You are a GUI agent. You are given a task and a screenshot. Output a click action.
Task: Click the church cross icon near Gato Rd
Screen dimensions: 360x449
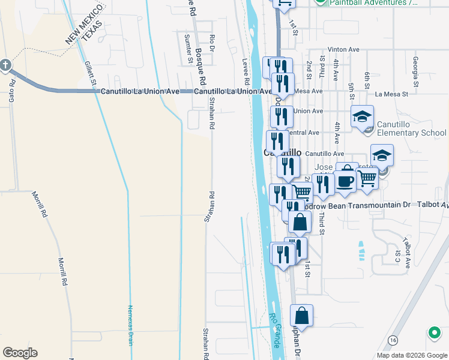[x=5, y=65]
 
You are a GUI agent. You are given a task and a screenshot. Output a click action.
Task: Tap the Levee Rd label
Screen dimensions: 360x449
[x=246, y=70]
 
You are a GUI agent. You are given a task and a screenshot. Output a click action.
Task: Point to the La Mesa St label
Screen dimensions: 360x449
[x=391, y=94]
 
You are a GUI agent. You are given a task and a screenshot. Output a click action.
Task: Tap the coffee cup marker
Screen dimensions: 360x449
[x=345, y=181]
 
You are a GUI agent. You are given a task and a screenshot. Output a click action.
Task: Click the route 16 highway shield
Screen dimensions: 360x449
[x=393, y=340]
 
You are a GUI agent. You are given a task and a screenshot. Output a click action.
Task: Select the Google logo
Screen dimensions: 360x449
[x=20, y=353]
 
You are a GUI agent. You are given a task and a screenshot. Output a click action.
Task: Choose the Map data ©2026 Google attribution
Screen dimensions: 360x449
[x=412, y=355]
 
